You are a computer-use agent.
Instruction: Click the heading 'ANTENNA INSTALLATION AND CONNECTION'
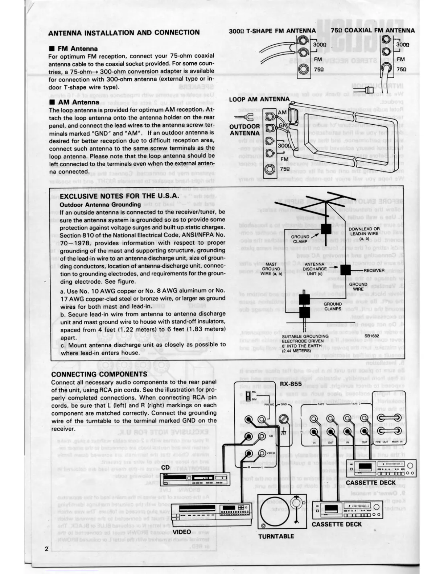(124, 32)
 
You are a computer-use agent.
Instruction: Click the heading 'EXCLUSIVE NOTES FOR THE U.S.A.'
(119, 196)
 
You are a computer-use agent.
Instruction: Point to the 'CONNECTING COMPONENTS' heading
(99, 374)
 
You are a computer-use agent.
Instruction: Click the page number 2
(46, 548)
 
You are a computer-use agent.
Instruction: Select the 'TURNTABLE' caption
(276, 536)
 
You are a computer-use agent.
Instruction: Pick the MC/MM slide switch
(248, 395)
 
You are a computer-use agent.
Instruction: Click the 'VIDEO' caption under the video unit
(182, 532)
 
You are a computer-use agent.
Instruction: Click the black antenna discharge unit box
(345, 270)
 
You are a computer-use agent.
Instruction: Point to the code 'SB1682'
(372, 336)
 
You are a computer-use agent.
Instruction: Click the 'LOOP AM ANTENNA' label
(259, 99)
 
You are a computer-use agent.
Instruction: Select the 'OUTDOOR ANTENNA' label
(244, 130)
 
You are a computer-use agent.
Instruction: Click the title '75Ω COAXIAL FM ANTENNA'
(373, 30)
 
